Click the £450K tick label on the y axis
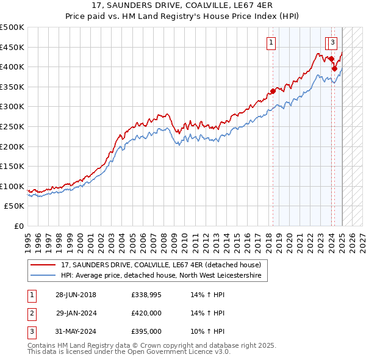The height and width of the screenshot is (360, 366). point(12,47)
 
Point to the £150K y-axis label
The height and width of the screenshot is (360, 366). point(12,167)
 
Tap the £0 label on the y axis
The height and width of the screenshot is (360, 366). point(18,226)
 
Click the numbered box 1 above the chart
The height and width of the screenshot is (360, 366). point(270,43)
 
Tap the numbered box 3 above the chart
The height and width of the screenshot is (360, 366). point(333,43)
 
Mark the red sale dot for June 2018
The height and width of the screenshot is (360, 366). point(273,92)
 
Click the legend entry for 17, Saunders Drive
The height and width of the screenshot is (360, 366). point(161,265)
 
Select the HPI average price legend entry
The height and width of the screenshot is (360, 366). point(161,276)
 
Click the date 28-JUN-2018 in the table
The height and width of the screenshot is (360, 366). point(76,295)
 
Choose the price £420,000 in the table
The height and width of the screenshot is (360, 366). point(146,313)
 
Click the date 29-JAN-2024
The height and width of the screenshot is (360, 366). point(76,313)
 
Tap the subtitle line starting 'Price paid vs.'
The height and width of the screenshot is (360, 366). point(183,18)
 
